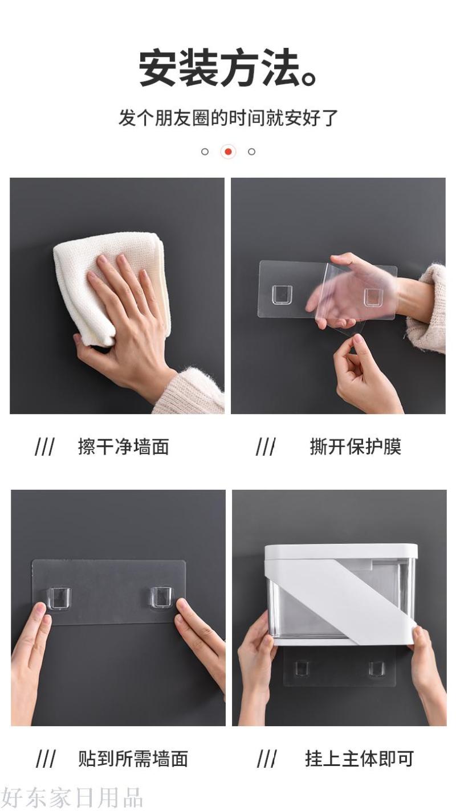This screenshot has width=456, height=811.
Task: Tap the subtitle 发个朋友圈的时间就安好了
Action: [229, 118]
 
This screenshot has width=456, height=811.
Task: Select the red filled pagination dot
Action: [228, 151]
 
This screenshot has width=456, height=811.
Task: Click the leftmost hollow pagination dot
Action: [205, 151]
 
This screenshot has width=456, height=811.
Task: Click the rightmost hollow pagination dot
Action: [251, 151]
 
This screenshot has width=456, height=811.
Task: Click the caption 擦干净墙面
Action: [123, 447]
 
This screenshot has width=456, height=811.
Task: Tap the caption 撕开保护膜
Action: [355, 447]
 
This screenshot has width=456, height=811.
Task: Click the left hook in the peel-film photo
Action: [282, 295]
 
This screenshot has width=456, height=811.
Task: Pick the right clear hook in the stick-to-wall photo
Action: [162, 597]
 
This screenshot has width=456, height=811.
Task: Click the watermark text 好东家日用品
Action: [72, 797]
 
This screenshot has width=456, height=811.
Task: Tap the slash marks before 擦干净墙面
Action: [44, 447]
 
